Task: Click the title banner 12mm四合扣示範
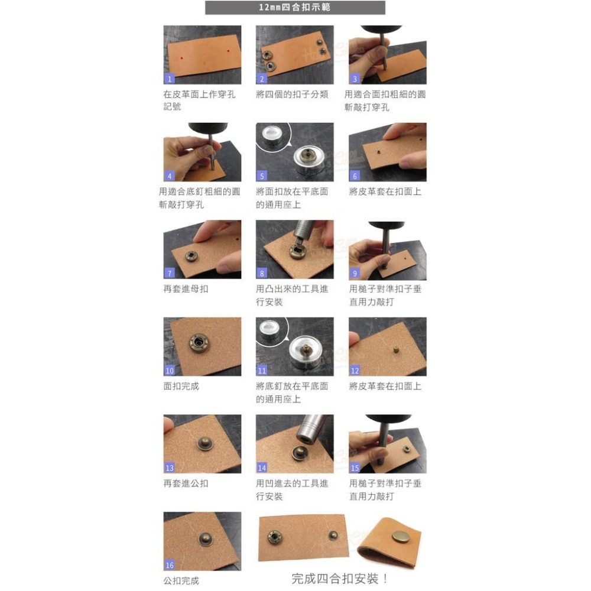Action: (x=295, y=8)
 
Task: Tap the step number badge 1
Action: (x=169, y=79)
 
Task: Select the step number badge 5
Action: (x=262, y=176)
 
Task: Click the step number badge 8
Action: (x=262, y=273)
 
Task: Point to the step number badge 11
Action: (x=262, y=370)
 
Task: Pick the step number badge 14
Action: (x=262, y=467)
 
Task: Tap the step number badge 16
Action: (x=169, y=564)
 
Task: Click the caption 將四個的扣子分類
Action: (x=292, y=94)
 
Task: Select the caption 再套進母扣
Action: (x=186, y=289)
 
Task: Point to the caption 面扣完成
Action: (x=181, y=386)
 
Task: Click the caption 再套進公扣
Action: (x=186, y=483)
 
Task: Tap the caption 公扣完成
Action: (x=181, y=580)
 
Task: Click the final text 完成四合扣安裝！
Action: (x=340, y=579)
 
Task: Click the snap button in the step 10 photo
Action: (x=199, y=343)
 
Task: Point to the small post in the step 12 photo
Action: (x=397, y=349)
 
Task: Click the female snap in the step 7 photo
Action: (x=192, y=256)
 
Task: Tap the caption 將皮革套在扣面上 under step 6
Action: (x=385, y=191)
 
